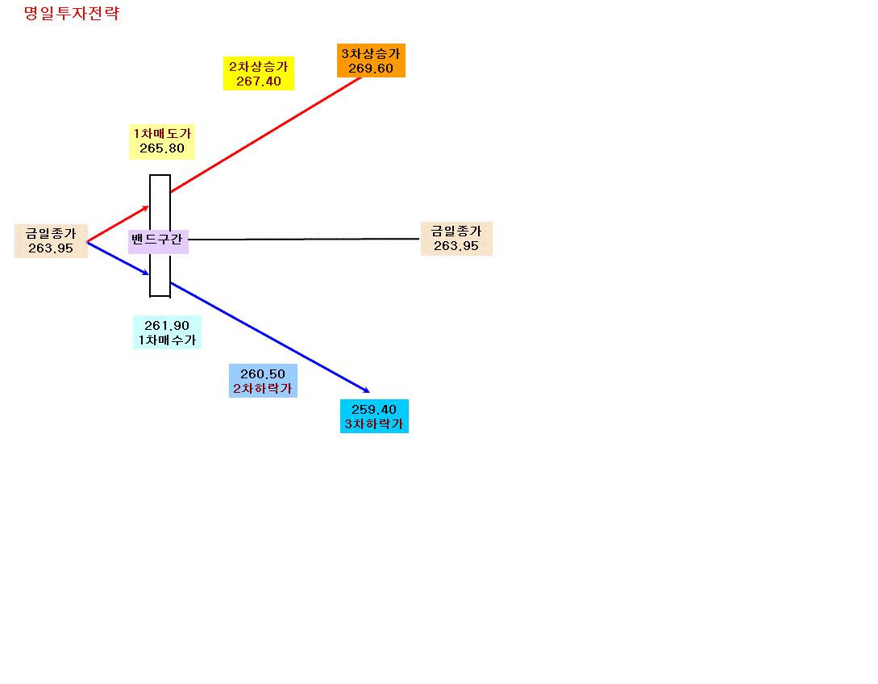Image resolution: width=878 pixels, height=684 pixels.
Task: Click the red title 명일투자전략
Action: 72,14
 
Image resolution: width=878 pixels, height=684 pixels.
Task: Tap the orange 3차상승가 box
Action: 371,60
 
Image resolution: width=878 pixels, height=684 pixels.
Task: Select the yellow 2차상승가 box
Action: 259,73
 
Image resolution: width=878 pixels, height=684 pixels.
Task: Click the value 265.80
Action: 162,148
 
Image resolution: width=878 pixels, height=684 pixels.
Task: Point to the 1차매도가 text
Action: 162,133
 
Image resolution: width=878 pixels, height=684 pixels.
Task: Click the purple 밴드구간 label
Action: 158,241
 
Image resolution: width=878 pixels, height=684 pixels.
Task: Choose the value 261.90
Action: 167,326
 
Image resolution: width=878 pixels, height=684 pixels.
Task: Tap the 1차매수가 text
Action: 167,340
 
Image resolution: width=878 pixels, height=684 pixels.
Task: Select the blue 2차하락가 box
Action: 263,381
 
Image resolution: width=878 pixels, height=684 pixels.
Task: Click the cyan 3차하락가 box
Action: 374,416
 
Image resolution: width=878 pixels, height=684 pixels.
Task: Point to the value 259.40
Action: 374,410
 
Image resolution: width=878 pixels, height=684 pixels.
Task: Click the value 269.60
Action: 371,69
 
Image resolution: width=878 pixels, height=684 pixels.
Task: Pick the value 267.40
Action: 259,81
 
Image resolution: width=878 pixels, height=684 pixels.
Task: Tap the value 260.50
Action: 263,373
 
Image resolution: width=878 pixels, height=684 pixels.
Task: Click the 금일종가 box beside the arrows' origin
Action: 51,241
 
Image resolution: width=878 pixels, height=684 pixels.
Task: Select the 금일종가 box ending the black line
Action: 456,239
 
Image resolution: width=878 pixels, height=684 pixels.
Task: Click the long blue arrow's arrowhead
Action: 367,390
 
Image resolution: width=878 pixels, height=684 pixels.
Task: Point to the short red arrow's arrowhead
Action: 146,208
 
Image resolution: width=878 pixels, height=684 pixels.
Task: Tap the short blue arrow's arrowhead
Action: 146,273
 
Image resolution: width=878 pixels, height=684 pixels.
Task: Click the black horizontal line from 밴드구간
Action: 303,240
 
